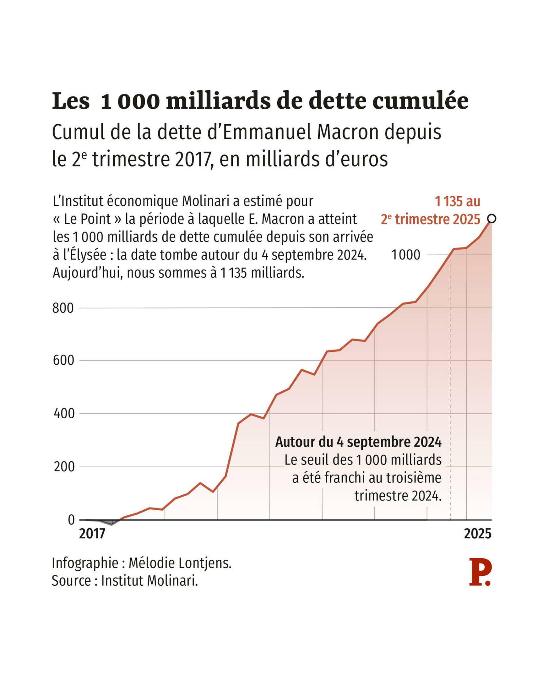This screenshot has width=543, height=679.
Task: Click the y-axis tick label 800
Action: click(x=63, y=308)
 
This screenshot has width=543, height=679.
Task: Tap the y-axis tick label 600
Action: click(x=63, y=361)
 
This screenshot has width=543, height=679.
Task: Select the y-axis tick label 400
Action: click(x=63, y=414)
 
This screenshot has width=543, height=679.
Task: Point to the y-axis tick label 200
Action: click(x=63, y=467)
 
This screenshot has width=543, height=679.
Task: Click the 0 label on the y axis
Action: click(x=71, y=520)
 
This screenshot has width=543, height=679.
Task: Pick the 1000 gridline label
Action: click(x=406, y=255)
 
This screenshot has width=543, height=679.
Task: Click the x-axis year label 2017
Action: click(x=92, y=534)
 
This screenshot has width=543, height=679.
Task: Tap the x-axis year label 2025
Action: click(x=478, y=534)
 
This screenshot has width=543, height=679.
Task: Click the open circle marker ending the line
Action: click(x=491, y=219)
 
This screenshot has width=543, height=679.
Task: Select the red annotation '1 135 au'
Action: click(x=457, y=202)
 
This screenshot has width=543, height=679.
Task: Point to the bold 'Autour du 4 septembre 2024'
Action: click(x=358, y=442)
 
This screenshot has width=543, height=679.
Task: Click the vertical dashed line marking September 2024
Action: click(x=450, y=407)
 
